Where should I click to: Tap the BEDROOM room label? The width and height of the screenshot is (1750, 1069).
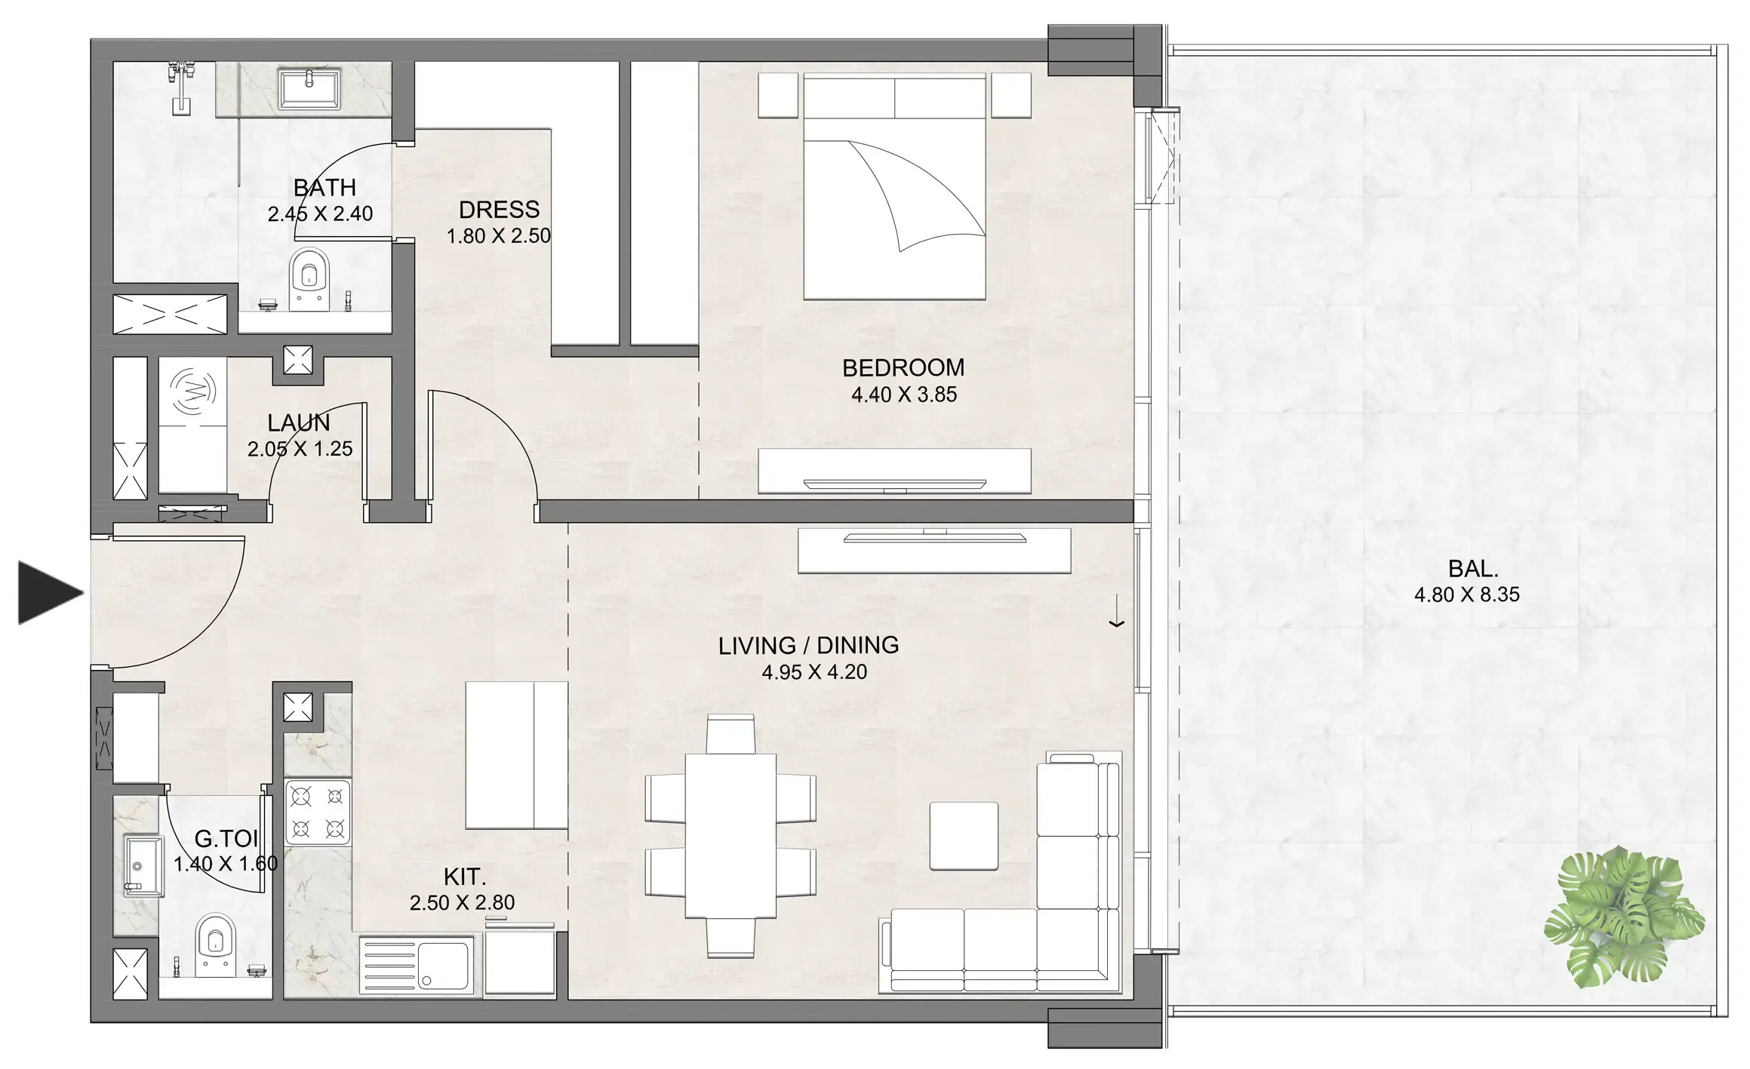pos(903,368)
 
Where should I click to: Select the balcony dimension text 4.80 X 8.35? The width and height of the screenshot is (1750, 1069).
pos(1466,594)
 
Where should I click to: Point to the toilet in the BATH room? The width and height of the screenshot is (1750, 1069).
pos(309,278)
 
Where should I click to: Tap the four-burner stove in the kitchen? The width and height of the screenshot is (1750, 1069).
pos(318,812)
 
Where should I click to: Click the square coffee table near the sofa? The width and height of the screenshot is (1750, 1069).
pos(964,836)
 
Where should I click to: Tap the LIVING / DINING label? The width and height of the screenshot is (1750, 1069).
pos(808,646)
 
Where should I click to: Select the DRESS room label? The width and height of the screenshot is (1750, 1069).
pos(499,210)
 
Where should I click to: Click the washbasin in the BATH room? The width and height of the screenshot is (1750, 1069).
pos(309,89)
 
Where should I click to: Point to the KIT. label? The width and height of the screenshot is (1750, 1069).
pos(464,877)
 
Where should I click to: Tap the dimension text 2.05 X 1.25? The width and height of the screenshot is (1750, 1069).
pos(300,449)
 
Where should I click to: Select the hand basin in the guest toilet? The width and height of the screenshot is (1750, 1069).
pos(143,866)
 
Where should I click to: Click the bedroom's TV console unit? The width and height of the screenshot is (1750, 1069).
pos(894,472)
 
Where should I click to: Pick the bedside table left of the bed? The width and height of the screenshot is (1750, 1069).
pos(778,95)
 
